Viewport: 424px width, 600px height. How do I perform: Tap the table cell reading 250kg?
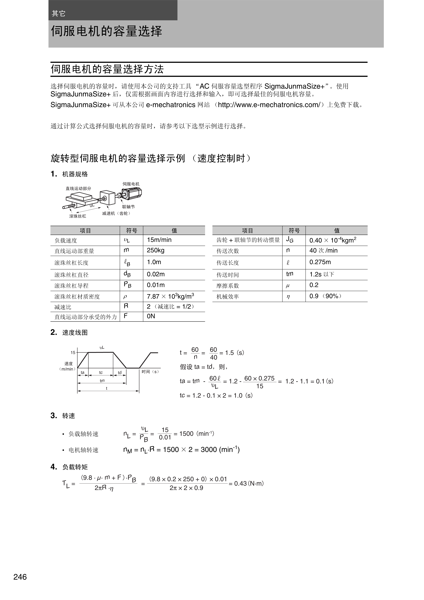(x=155, y=250)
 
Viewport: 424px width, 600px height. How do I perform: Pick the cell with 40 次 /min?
(x=323, y=251)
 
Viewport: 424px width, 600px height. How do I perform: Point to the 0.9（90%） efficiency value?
(x=325, y=296)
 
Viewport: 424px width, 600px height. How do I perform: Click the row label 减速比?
(x=63, y=307)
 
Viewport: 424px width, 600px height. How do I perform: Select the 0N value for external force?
(x=151, y=316)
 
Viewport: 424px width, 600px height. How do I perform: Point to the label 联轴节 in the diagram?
(x=128, y=207)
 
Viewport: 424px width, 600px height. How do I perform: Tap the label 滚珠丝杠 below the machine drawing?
(x=78, y=216)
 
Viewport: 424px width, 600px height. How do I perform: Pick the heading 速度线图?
(x=75, y=333)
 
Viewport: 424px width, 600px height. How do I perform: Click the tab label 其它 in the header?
(x=58, y=13)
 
